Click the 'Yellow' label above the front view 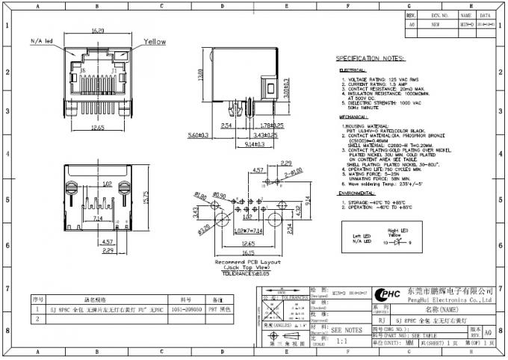155,42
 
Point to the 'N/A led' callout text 41,40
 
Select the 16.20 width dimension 98,31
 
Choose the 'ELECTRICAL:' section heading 353,69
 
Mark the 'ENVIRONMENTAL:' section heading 359,193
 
